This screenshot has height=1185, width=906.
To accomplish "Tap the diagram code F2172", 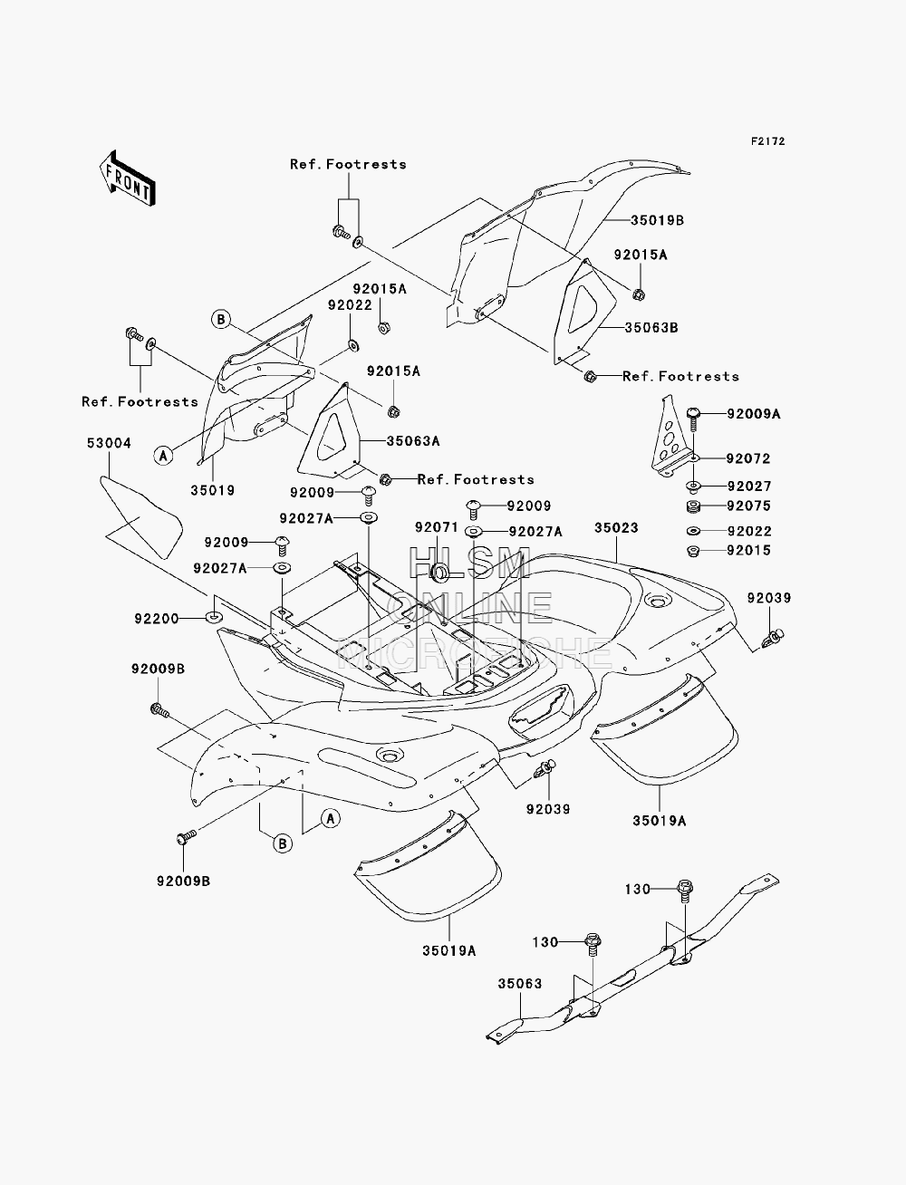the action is [x=767, y=141].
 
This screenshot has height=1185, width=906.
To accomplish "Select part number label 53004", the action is [x=109, y=443].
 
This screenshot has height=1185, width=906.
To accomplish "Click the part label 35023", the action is [x=616, y=527].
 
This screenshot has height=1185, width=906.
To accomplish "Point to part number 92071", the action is [x=437, y=527].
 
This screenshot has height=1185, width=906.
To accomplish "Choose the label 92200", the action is [x=157, y=619].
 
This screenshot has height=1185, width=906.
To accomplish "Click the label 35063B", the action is [x=651, y=328].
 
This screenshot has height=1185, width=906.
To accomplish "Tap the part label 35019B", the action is [x=657, y=220].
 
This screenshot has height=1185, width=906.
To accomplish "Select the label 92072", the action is [x=748, y=458].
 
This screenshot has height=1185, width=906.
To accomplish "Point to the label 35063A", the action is [x=413, y=441].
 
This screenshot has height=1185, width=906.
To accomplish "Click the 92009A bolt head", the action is [x=693, y=413].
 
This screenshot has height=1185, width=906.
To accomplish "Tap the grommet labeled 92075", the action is [x=693, y=507].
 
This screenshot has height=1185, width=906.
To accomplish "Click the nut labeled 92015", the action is [x=693, y=551].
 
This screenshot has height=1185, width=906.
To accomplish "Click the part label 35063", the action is [x=519, y=984].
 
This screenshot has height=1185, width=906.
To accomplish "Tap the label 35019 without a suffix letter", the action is [x=213, y=490].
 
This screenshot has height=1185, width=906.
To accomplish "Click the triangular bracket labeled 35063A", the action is [x=332, y=433].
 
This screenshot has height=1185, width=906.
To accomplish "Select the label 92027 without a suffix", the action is [x=749, y=486].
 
